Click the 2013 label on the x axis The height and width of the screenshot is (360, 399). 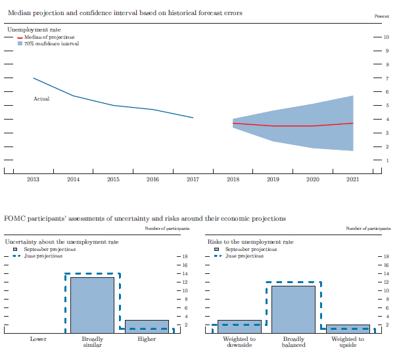tap(33, 179)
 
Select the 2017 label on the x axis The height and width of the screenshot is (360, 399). tap(193, 179)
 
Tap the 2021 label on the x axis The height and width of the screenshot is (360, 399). tap(352, 179)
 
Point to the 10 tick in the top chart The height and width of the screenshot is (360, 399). tap(386, 37)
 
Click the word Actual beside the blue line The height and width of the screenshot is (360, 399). tap(41, 99)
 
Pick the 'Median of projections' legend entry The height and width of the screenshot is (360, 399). tap(49, 37)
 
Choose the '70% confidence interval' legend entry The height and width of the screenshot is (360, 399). tap(51, 43)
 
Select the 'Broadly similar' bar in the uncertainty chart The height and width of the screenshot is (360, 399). tap(92, 305)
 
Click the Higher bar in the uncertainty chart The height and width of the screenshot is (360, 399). tap(147, 326)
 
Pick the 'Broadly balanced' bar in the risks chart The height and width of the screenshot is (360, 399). tap(293, 309)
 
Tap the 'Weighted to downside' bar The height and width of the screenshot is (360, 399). tap(239, 326)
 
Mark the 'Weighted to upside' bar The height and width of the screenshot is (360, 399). tap(348, 328)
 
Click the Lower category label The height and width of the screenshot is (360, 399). tap(38, 339)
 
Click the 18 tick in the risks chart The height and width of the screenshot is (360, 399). tap(386, 256)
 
